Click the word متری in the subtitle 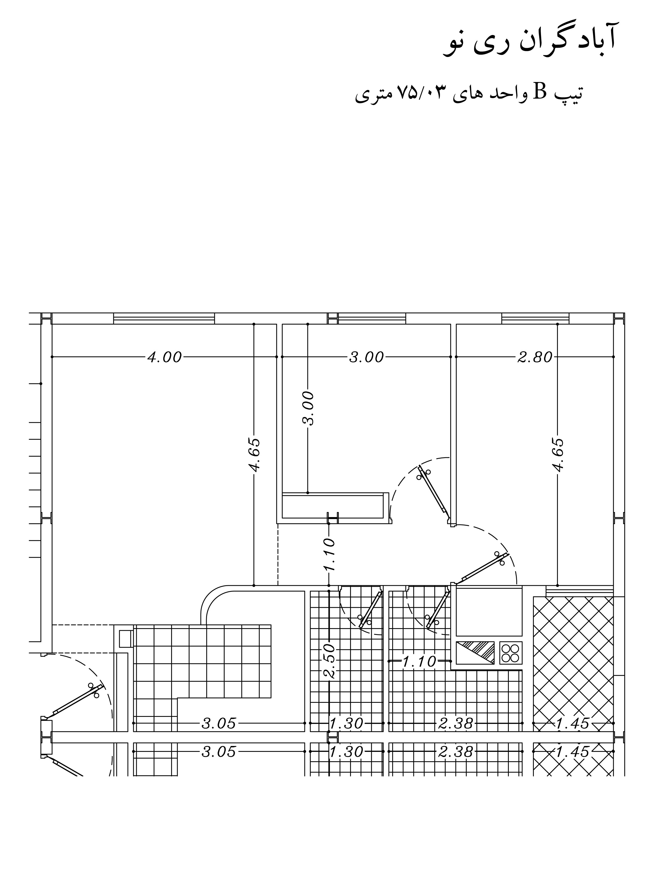373,95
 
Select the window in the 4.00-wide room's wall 164,318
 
